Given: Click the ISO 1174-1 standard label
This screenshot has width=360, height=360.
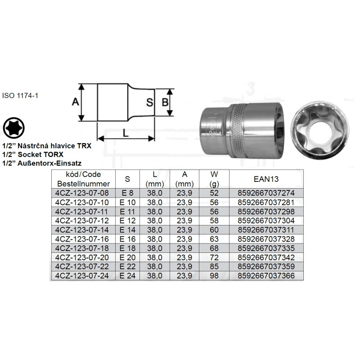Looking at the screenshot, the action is coord(20,95).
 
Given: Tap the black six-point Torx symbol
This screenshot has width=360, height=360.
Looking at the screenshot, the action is coord(14,128).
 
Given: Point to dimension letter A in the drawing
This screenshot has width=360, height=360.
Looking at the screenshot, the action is coord(75,101).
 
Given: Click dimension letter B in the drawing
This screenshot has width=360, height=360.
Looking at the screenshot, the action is coord(165,103).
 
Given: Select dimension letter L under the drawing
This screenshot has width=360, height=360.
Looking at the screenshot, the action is coord(126,133).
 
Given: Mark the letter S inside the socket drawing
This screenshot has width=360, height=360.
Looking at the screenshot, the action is coord(150,103).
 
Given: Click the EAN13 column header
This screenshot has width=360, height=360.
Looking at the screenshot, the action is coord(266,179).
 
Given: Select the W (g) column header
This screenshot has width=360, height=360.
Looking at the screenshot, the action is coord(214,179).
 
